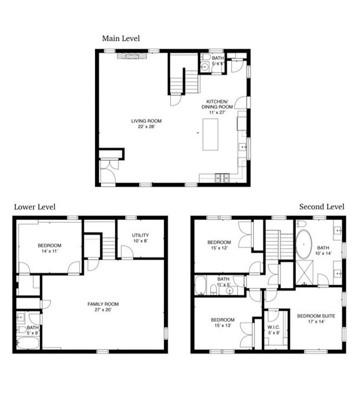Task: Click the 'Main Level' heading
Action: pyautogui.click(x=121, y=38)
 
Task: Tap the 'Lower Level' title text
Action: pyautogui.click(x=35, y=207)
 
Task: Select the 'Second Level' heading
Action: pyautogui.click(x=321, y=206)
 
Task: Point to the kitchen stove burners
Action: pyautogui.click(x=221, y=179)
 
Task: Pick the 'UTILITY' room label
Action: pyautogui.click(x=141, y=235)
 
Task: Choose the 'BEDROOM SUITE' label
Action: pyautogui.click(x=316, y=315)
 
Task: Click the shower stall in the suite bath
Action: pyautogui.click(x=306, y=272)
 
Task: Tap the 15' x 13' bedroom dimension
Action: pyautogui.click(x=222, y=326)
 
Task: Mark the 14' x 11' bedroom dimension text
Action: pyautogui.click(x=50, y=252)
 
